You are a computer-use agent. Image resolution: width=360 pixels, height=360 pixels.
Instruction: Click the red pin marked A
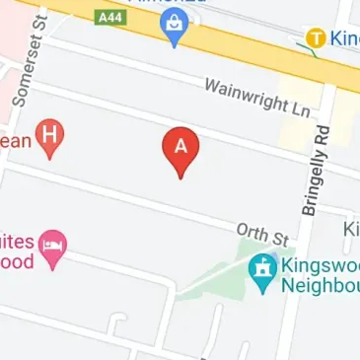click(180, 149)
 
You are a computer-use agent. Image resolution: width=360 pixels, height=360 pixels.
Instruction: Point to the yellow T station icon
click(316, 38)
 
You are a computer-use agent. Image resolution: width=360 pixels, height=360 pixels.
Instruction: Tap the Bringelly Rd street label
click(314, 171)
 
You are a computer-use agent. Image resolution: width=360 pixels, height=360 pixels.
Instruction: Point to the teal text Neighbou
click(318, 285)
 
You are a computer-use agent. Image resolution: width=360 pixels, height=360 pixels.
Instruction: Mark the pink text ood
click(17, 260)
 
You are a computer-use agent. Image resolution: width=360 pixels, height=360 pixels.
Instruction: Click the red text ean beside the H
click(14, 140)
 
